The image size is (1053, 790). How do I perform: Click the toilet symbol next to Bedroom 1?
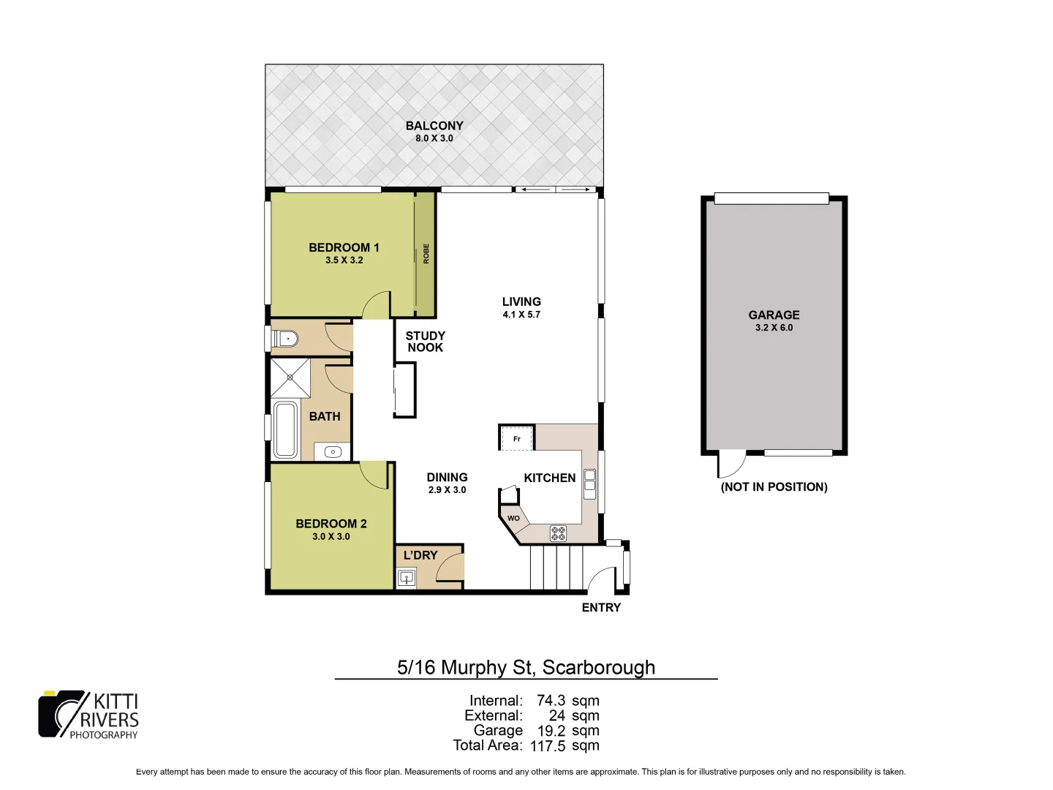pos(286,339)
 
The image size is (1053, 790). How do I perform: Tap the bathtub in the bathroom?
pos(284,429)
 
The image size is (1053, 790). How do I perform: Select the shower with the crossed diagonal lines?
pos(290,377)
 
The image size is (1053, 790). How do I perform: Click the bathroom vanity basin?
pos(333,452)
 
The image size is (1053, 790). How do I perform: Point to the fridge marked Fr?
pos(517,438)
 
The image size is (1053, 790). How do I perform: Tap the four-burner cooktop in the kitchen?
pos(558,533)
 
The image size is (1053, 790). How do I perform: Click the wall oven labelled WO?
pos(513,518)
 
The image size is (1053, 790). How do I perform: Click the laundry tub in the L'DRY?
pos(407,578)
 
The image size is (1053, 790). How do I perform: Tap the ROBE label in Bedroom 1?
pos(426,253)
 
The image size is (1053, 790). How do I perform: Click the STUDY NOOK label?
pos(426,342)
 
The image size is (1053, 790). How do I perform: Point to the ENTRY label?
pos(601,608)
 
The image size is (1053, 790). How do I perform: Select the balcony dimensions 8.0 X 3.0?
pos(434,138)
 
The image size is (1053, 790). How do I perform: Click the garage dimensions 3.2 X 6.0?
pos(774,328)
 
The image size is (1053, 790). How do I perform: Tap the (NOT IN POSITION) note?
pos(774,487)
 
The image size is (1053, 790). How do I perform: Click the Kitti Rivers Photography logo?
pos(88,715)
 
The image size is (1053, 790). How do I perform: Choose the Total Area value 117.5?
pos(548,746)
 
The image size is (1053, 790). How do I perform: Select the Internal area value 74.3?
pos(550,701)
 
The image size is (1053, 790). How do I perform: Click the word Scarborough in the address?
pos(598,668)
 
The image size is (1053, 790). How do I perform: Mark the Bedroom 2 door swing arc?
pos(374,475)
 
